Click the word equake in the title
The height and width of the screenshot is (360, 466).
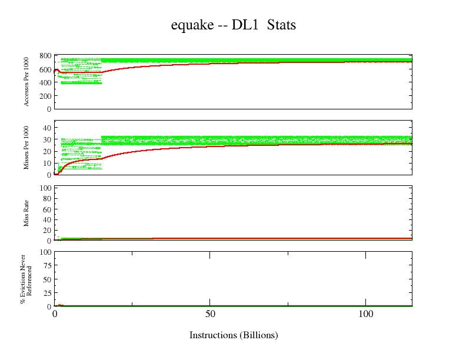coord(189,25)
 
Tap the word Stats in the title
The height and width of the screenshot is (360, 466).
coord(281,25)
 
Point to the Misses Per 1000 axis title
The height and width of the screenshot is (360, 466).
coord(26,147)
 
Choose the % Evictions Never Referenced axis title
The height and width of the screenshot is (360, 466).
coord(25,278)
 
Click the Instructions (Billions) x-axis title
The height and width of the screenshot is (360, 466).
coord(234,335)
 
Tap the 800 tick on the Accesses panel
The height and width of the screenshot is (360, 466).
coord(45,56)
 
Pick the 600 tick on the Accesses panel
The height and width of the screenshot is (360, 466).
coord(45,69)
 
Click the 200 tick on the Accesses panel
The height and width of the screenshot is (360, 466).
coord(45,96)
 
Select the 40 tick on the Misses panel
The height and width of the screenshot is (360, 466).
coord(48,128)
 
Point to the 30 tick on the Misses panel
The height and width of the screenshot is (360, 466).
coord(48,139)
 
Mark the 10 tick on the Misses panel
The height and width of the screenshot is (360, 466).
coord(48,163)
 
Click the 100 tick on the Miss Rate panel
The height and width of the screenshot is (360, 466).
coord(45,188)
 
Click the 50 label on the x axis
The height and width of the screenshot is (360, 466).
coord(210,315)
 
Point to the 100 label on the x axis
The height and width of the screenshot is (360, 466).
coord(365,315)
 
